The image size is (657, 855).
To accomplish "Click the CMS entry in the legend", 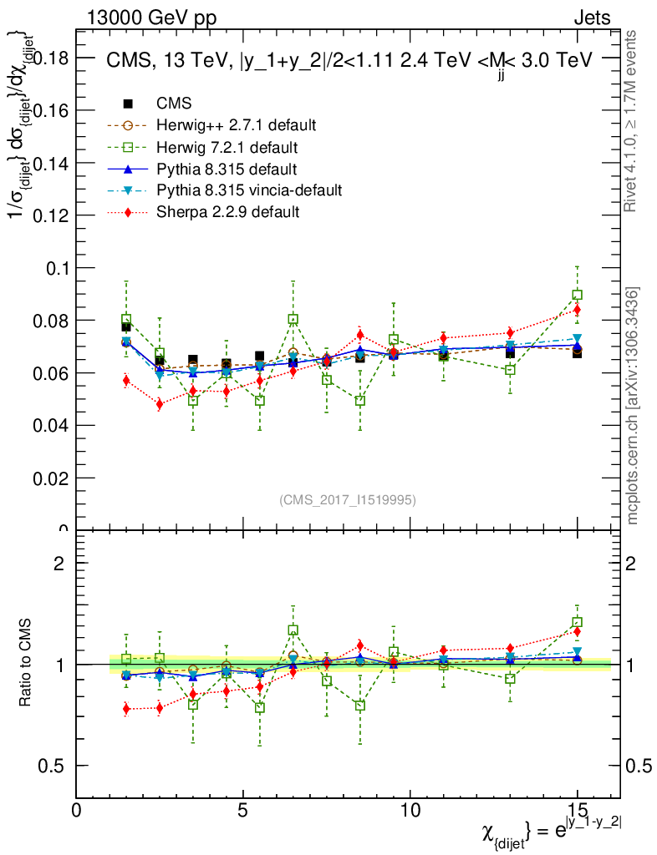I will pos(174,104).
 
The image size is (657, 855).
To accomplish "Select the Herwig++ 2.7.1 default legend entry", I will pos(236,125).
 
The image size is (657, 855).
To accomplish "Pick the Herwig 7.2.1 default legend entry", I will pos(227,147).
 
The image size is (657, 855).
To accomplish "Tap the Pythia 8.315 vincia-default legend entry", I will pos(249,190).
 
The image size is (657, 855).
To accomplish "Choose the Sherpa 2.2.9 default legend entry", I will pos(227,212).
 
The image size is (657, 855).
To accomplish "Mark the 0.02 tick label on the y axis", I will pos(48,478).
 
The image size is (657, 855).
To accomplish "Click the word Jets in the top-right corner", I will pos(592,18).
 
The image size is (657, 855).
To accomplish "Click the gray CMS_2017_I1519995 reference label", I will pos(347,499).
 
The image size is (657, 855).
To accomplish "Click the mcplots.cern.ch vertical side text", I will pos(633,407).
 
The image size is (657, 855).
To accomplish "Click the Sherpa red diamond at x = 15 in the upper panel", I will pos(577,310).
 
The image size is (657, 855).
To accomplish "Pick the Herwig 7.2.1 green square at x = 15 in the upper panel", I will pos(577,295).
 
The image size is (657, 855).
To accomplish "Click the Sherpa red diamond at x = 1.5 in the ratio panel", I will pos(126,709).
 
